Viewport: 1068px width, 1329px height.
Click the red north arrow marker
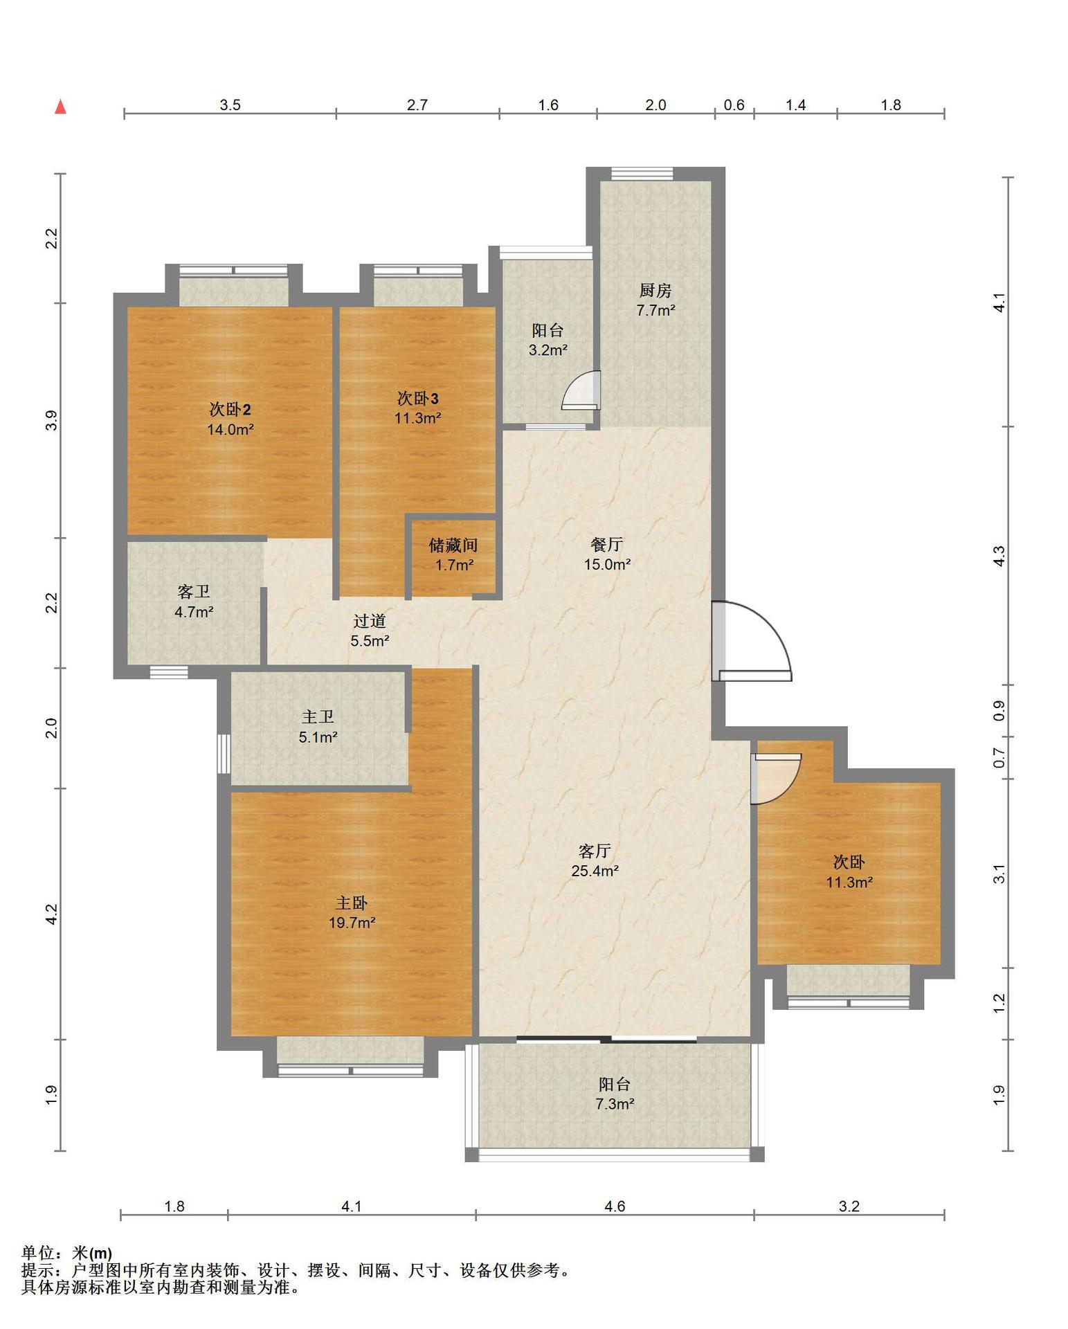pos(61,107)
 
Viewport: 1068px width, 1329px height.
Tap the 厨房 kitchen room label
pos(655,291)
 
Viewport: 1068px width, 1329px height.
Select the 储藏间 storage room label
pos(453,545)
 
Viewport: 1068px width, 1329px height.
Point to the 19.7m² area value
pos(352,922)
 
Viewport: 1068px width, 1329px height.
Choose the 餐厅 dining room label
pos(607,545)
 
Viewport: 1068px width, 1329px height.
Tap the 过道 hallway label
pos(369,621)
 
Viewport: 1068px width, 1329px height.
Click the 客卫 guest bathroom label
pos(194,592)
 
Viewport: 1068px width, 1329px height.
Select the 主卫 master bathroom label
pos(318,718)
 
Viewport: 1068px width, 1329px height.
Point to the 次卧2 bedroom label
pos(230,409)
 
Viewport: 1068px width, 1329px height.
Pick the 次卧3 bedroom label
pos(417,398)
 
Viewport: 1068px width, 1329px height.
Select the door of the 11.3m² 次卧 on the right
pos(776,779)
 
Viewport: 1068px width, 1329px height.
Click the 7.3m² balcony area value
pos(615,1103)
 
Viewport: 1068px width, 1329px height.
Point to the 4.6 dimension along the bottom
pos(615,1206)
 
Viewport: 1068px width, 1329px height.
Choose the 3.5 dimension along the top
pos(230,105)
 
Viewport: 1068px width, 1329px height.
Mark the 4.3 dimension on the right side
pos(998,556)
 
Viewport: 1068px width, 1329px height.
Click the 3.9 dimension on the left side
pos(51,421)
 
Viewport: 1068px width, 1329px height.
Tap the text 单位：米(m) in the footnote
pos(66,1253)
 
